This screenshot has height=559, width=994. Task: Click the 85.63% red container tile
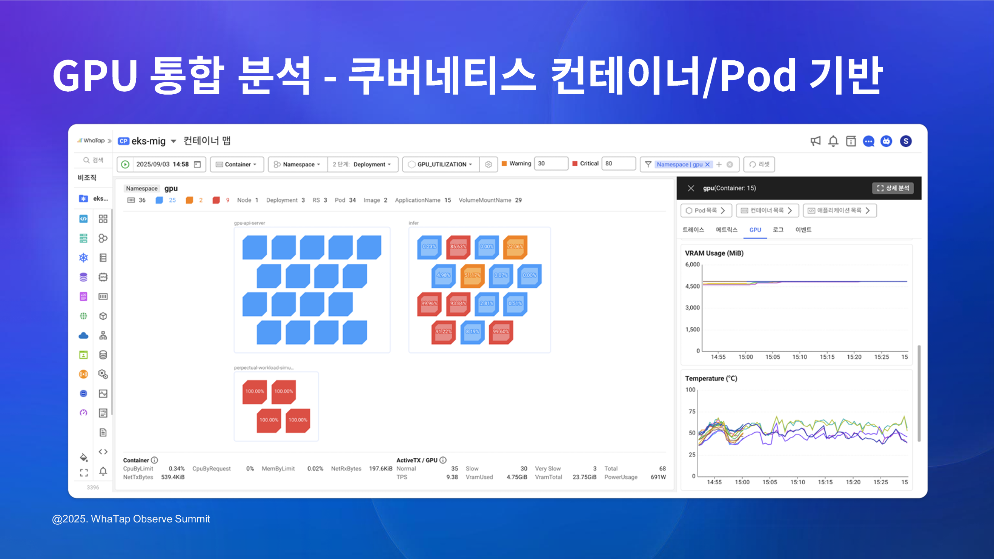tap(458, 247)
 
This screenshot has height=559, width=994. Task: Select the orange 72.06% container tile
tap(515, 247)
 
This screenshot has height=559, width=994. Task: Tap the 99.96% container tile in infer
tap(429, 304)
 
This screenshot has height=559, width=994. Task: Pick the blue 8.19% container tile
tap(472, 332)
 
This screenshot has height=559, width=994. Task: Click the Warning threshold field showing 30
tap(551, 164)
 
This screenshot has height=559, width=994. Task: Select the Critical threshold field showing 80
tap(618, 164)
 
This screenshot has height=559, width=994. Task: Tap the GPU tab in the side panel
tap(755, 230)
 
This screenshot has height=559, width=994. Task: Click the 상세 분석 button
tap(893, 188)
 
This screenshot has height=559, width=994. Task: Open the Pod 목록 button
tap(706, 210)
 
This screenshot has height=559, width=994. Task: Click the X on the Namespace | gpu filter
tap(707, 164)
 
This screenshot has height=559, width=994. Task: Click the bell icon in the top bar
tap(833, 141)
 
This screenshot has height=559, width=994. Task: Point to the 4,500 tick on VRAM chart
tap(692, 286)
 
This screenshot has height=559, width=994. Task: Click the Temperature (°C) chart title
tap(711, 378)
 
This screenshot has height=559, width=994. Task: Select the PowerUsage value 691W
tap(658, 477)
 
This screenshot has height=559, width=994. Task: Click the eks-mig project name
tap(148, 141)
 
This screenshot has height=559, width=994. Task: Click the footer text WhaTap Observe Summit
tap(150, 519)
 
